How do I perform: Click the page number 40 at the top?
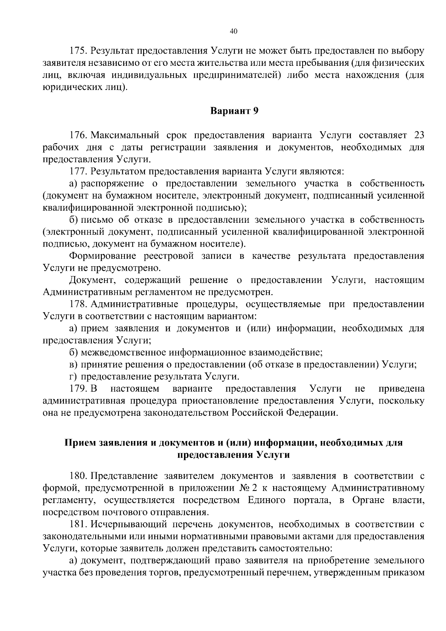(233, 31)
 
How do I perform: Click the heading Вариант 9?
(234, 111)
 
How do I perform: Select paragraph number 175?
(78, 51)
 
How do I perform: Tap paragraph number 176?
(78, 135)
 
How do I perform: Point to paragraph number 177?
(78, 171)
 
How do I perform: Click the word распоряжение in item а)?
(113, 184)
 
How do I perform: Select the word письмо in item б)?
(97, 220)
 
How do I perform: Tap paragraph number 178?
(78, 304)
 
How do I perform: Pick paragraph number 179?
(78, 389)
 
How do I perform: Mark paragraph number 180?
(78, 476)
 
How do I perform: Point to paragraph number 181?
(78, 524)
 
